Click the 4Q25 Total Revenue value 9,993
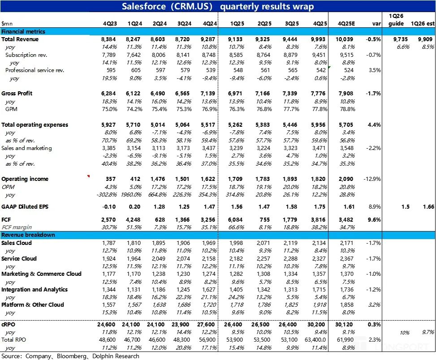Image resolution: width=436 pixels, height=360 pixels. pos(318,39)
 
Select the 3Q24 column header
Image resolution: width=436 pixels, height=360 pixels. pos(184,24)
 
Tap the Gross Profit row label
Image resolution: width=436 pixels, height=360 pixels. pos(17,93)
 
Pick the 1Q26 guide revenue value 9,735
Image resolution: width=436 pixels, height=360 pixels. pos(400,39)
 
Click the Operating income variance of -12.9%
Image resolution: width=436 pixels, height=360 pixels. pos(372,179)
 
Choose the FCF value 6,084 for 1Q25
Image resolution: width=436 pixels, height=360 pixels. pos(235,220)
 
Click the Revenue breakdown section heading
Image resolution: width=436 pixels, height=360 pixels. pos(28,235)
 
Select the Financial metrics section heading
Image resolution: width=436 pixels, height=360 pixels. pos(23,31)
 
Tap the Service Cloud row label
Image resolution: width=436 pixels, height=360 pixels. pos(19,259)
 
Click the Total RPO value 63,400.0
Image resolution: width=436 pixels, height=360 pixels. pos(316,340)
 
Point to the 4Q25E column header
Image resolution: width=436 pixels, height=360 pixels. pos(346,24)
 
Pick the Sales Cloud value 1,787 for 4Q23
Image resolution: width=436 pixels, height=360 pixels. pos(109,243)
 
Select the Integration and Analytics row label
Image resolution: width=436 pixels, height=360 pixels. pos(35,289)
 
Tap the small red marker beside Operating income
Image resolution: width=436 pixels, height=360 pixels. pos(88,176)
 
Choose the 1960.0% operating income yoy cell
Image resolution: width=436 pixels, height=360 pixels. pos(131,195)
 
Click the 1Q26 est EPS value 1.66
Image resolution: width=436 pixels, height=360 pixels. pos(428,207)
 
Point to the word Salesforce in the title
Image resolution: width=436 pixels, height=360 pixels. pos(144,6)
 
